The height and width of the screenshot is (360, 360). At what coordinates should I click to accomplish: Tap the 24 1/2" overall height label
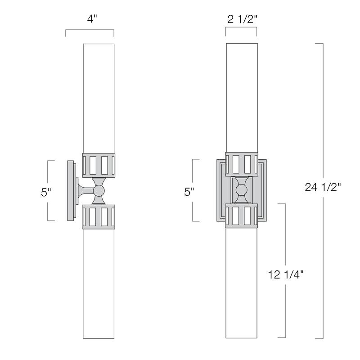pyautogui.click(x=323, y=189)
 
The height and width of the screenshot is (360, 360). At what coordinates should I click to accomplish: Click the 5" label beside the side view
pyautogui.click(x=46, y=192)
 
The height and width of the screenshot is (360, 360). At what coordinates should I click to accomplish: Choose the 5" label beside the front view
pyautogui.click(x=189, y=192)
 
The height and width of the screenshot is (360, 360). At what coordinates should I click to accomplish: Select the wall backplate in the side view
pyautogui.click(x=71, y=191)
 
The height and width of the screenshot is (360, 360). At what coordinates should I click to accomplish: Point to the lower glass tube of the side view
pyautogui.click(x=99, y=283)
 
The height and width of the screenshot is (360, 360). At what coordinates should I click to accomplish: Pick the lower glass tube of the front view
pyautogui.click(x=241, y=283)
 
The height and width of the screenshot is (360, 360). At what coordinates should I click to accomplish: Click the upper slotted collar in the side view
pyautogui.click(x=99, y=165)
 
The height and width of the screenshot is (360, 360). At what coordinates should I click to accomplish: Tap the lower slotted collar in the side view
pyautogui.click(x=99, y=218)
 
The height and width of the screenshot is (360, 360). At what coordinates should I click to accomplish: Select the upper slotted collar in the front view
pyautogui.click(x=241, y=164)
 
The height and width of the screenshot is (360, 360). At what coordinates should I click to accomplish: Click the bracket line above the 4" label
pyautogui.click(x=90, y=30)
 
